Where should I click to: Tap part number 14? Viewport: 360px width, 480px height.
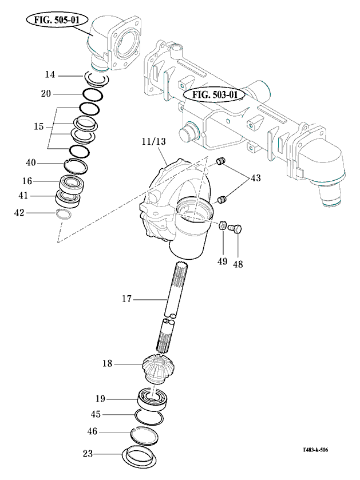(50, 75)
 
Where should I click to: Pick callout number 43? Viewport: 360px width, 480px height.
(255, 178)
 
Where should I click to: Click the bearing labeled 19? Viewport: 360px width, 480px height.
(153, 396)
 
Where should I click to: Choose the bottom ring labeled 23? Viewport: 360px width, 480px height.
(140, 457)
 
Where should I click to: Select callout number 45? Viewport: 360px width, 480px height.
(98, 414)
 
